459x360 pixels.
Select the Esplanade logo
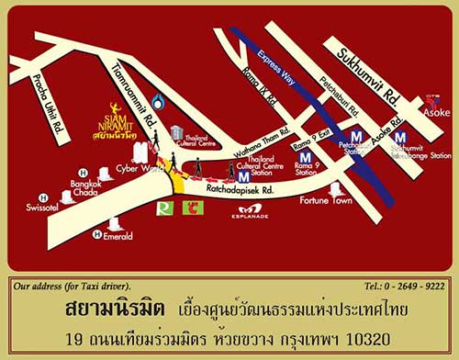[x=250, y=213]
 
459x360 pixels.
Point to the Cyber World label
[x=132, y=170]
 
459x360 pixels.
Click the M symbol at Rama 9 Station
[x=305, y=157]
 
